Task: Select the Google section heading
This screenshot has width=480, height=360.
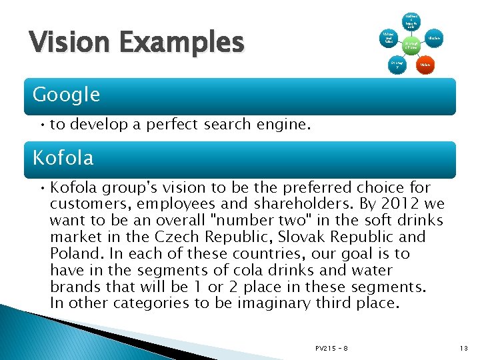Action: (x=66, y=95)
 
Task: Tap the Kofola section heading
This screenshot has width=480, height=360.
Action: (x=63, y=159)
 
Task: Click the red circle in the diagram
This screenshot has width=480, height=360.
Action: (x=424, y=65)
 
